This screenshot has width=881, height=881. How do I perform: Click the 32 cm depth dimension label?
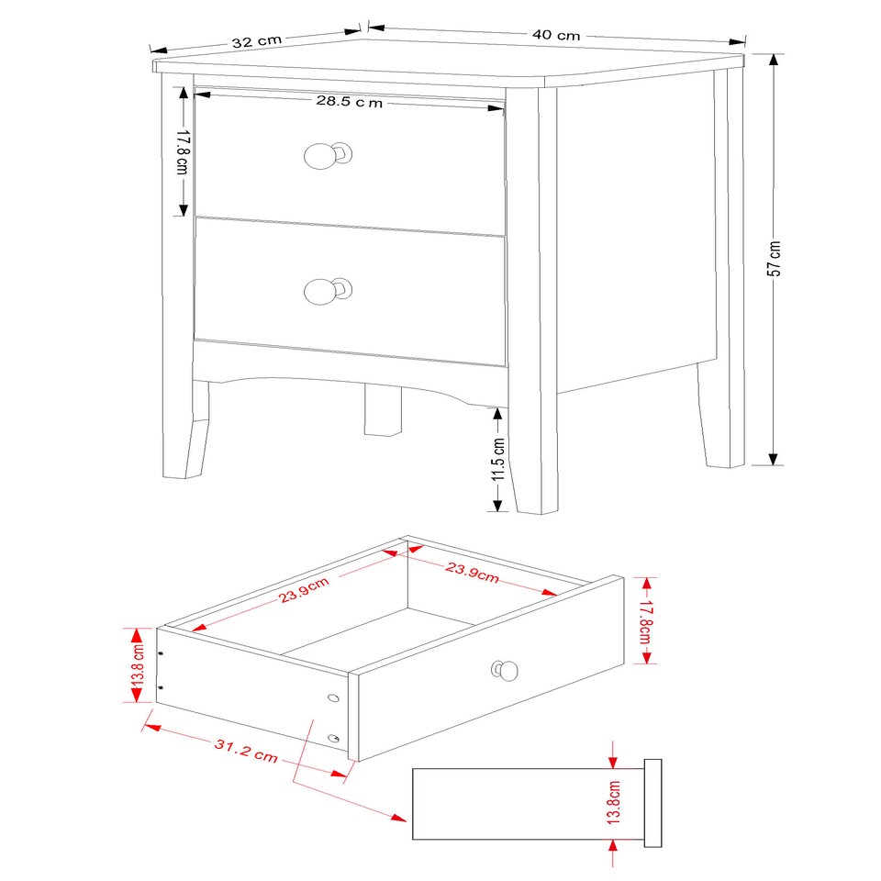[x=257, y=41]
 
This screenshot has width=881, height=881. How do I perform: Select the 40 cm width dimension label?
[x=556, y=35]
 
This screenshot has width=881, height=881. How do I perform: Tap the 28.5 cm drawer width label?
[x=349, y=102]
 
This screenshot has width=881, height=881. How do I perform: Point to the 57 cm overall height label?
[x=775, y=258]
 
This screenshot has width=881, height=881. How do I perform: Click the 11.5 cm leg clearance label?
[x=498, y=460]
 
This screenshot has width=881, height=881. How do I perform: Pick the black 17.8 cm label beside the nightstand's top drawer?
[x=182, y=152]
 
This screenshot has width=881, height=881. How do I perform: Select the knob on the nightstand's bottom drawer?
[x=321, y=292]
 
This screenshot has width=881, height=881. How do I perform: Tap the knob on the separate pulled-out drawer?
[x=506, y=671]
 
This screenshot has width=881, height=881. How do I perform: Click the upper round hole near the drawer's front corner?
[x=332, y=699]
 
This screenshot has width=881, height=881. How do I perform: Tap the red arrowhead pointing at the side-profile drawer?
[x=398, y=817]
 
